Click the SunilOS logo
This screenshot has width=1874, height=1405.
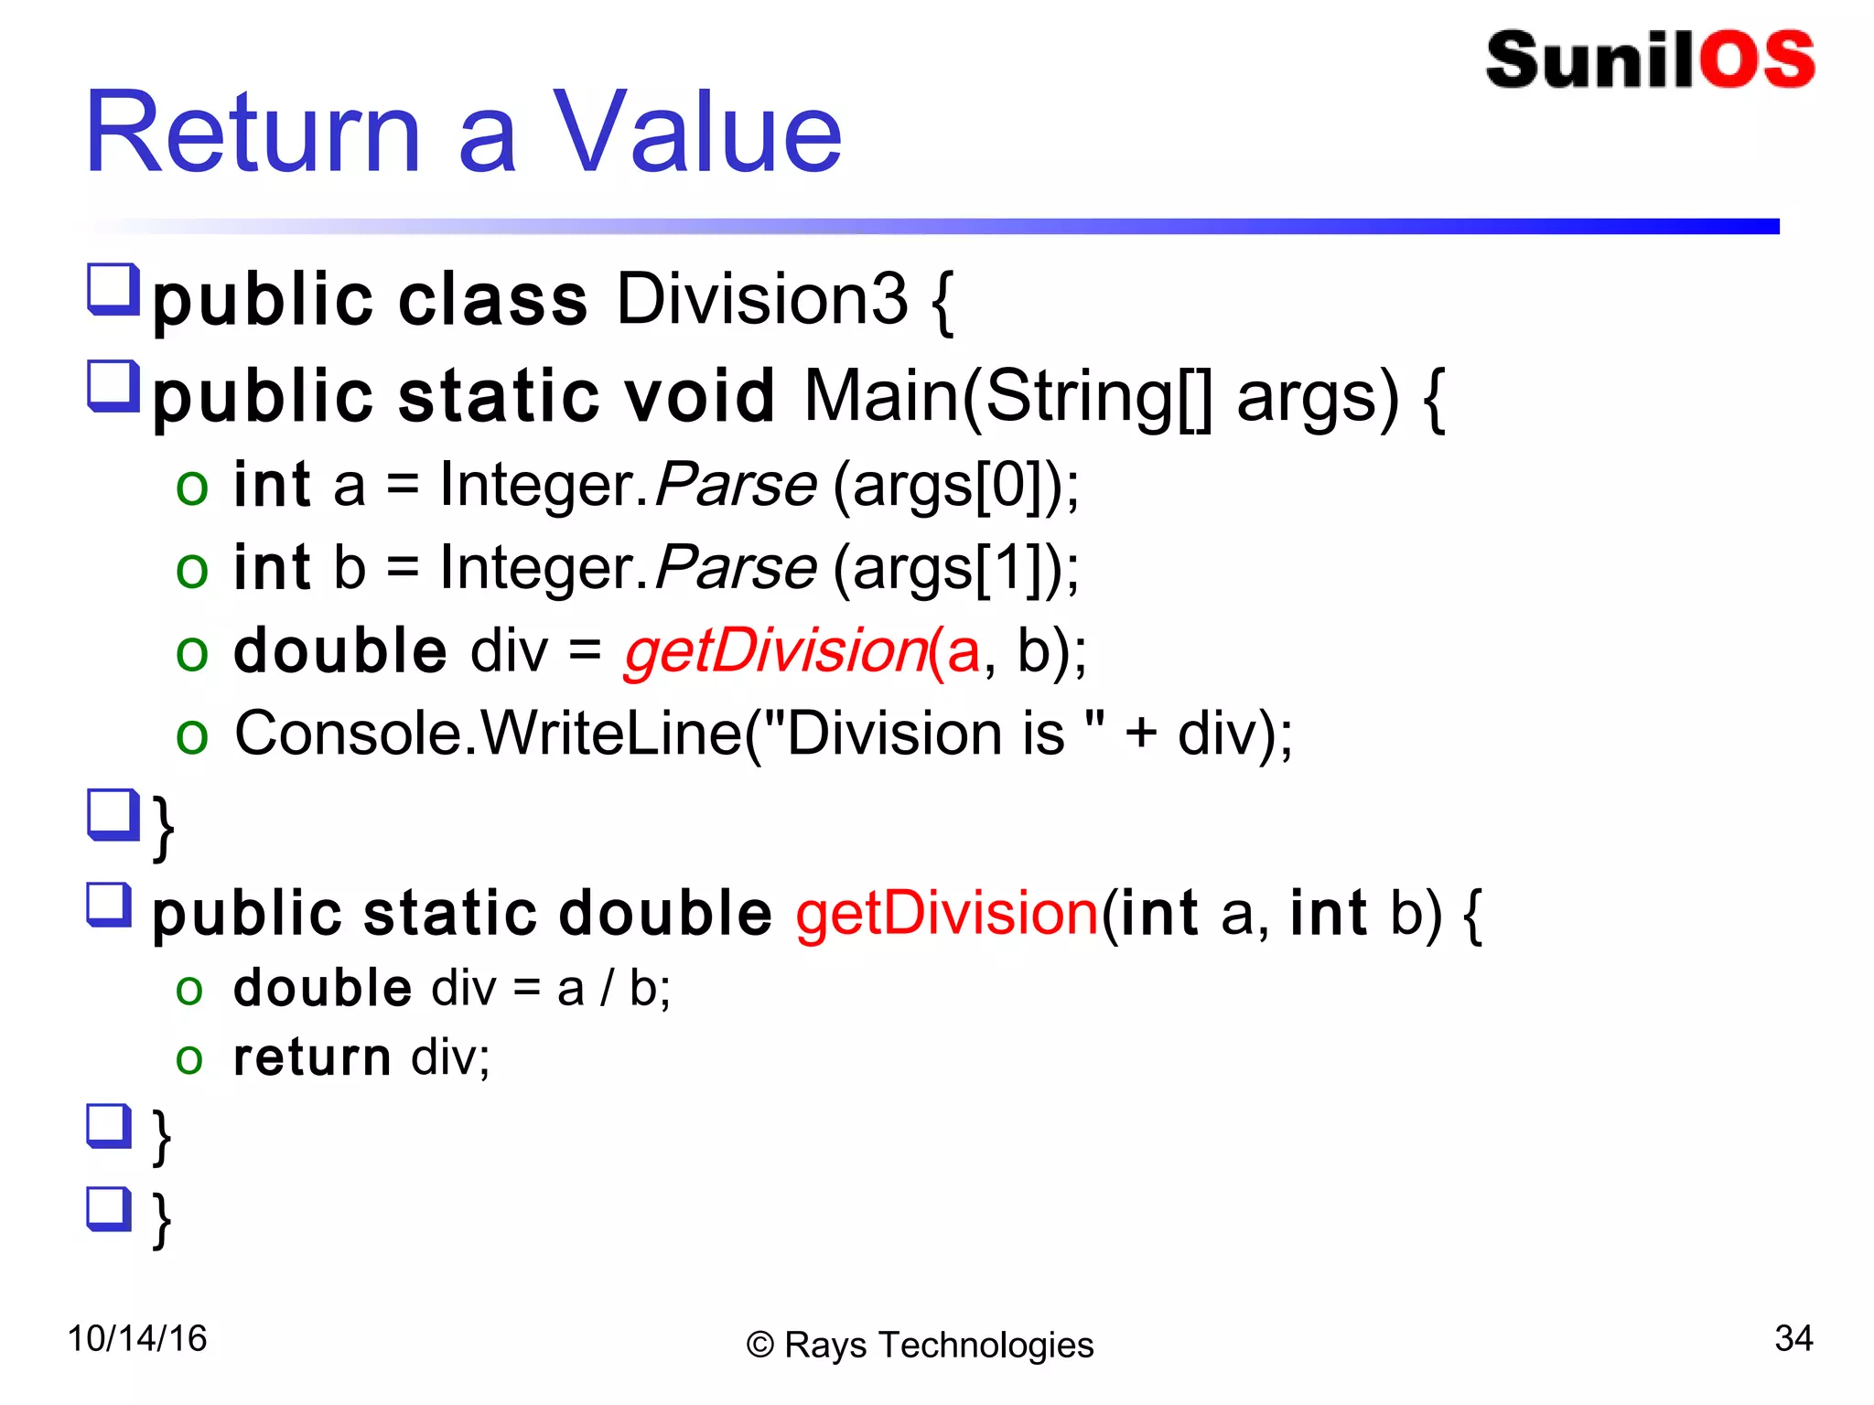[x=1650, y=60]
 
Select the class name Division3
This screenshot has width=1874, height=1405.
[x=761, y=299]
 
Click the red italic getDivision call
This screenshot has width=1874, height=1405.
[x=776, y=651]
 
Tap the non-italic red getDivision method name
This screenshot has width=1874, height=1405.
[x=946, y=913]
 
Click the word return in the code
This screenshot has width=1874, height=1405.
[x=312, y=1057]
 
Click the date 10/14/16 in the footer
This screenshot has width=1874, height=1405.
[x=137, y=1338]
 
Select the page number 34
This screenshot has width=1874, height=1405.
[x=1793, y=1338]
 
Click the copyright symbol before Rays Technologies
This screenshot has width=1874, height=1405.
[x=760, y=1346]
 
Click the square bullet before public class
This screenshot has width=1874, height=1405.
[x=113, y=289]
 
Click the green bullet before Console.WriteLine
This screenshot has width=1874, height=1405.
[x=192, y=735]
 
